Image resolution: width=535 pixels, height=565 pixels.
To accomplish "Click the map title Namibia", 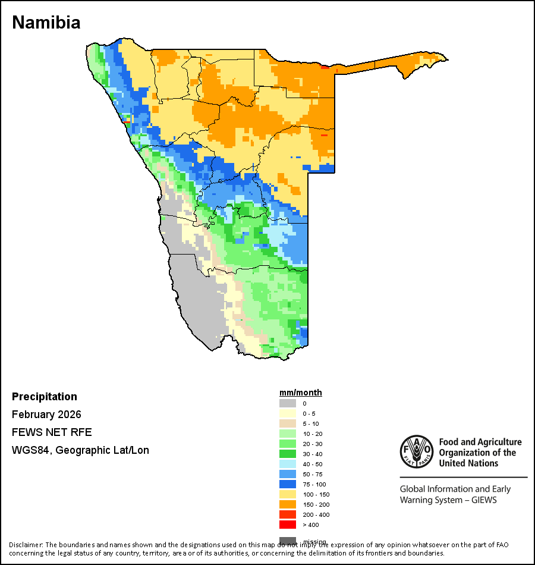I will (x=46, y=23).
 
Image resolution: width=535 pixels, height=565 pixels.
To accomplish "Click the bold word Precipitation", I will (x=45, y=397).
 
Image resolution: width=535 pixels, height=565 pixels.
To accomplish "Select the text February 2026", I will (x=46, y=415).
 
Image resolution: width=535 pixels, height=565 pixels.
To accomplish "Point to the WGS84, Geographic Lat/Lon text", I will (x=80, y=450).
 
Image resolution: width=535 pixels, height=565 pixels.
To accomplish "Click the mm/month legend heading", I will (x=301, y=393).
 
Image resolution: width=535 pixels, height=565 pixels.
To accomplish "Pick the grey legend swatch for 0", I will (x=288, y=403).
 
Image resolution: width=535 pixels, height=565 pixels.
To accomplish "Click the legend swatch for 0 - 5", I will (x=288, y=413).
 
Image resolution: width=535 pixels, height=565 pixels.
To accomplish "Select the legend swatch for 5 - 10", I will (x=288, y=423).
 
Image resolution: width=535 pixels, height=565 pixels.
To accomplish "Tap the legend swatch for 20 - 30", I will (x=288, y=444).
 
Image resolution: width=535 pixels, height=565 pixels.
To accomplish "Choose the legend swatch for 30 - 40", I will (x=288, y=454).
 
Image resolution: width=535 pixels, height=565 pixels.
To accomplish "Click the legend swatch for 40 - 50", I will (x=288, y=464).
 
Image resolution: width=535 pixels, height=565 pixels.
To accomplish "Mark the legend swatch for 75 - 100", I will (x=288, y=484).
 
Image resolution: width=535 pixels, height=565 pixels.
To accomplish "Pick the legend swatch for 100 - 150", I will (x=288, y=494).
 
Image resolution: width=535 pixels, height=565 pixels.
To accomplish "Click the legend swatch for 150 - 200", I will (x=288, y=504).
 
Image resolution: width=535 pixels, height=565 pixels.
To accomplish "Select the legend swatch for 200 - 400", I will (x=288, y=514).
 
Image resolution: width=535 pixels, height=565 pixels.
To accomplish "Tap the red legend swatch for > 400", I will (x=288, y=525).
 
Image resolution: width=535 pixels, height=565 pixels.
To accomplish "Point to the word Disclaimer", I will (x=26, y=545).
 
